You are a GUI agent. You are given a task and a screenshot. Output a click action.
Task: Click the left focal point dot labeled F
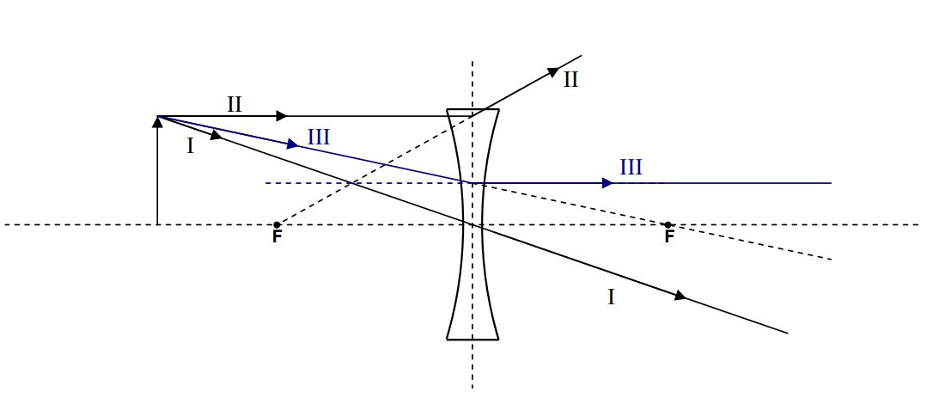coord(276,225)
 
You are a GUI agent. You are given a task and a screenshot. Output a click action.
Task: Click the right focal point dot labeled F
coord(668,225)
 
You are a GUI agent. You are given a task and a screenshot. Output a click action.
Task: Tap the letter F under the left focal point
coord(277,237)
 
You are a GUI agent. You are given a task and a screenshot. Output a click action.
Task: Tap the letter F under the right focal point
coord(669,237)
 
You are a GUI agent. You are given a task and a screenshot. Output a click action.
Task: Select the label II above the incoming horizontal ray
coord(235,105)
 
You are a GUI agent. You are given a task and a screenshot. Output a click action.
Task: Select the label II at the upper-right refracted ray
coord(571,80)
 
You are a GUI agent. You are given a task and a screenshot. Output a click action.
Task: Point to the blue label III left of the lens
coord(318,136)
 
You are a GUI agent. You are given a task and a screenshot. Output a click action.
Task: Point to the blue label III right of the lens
coord(631,167)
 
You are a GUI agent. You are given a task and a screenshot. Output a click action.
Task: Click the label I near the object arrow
coord(191,146)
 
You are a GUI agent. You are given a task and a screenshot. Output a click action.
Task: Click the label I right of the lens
coord(611,297)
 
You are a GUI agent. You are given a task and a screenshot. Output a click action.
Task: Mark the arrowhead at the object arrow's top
coord(157,121)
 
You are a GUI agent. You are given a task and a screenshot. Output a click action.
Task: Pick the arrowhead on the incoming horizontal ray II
coord(281,116)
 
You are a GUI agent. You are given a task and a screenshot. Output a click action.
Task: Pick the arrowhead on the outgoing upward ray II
coord(553,73)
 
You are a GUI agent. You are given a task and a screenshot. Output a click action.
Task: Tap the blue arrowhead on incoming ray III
coord(293,144)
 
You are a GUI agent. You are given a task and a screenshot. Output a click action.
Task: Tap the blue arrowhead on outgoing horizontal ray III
coord(607,183)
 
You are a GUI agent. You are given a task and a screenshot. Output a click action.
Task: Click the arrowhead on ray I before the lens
coord(216,135)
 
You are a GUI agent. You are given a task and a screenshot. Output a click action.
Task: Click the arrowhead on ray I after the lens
coord(680,297)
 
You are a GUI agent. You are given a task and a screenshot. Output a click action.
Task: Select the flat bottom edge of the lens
coord(473,339)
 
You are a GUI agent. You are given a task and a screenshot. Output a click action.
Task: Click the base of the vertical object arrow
coord(157,223)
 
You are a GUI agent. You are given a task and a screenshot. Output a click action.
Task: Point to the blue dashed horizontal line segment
coord(361,183)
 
